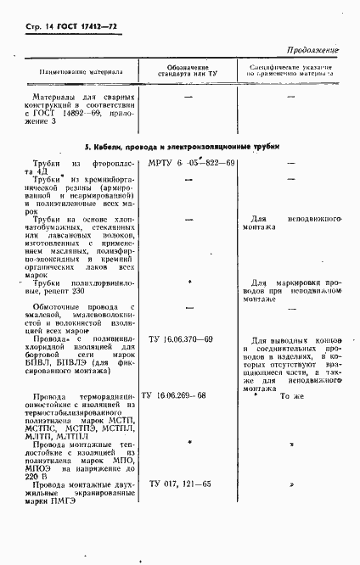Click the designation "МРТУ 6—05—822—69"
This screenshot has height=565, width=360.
pos(191,163)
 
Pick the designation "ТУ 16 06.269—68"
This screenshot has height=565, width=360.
pos(185,396)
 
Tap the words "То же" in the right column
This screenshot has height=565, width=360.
pos(291,396)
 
